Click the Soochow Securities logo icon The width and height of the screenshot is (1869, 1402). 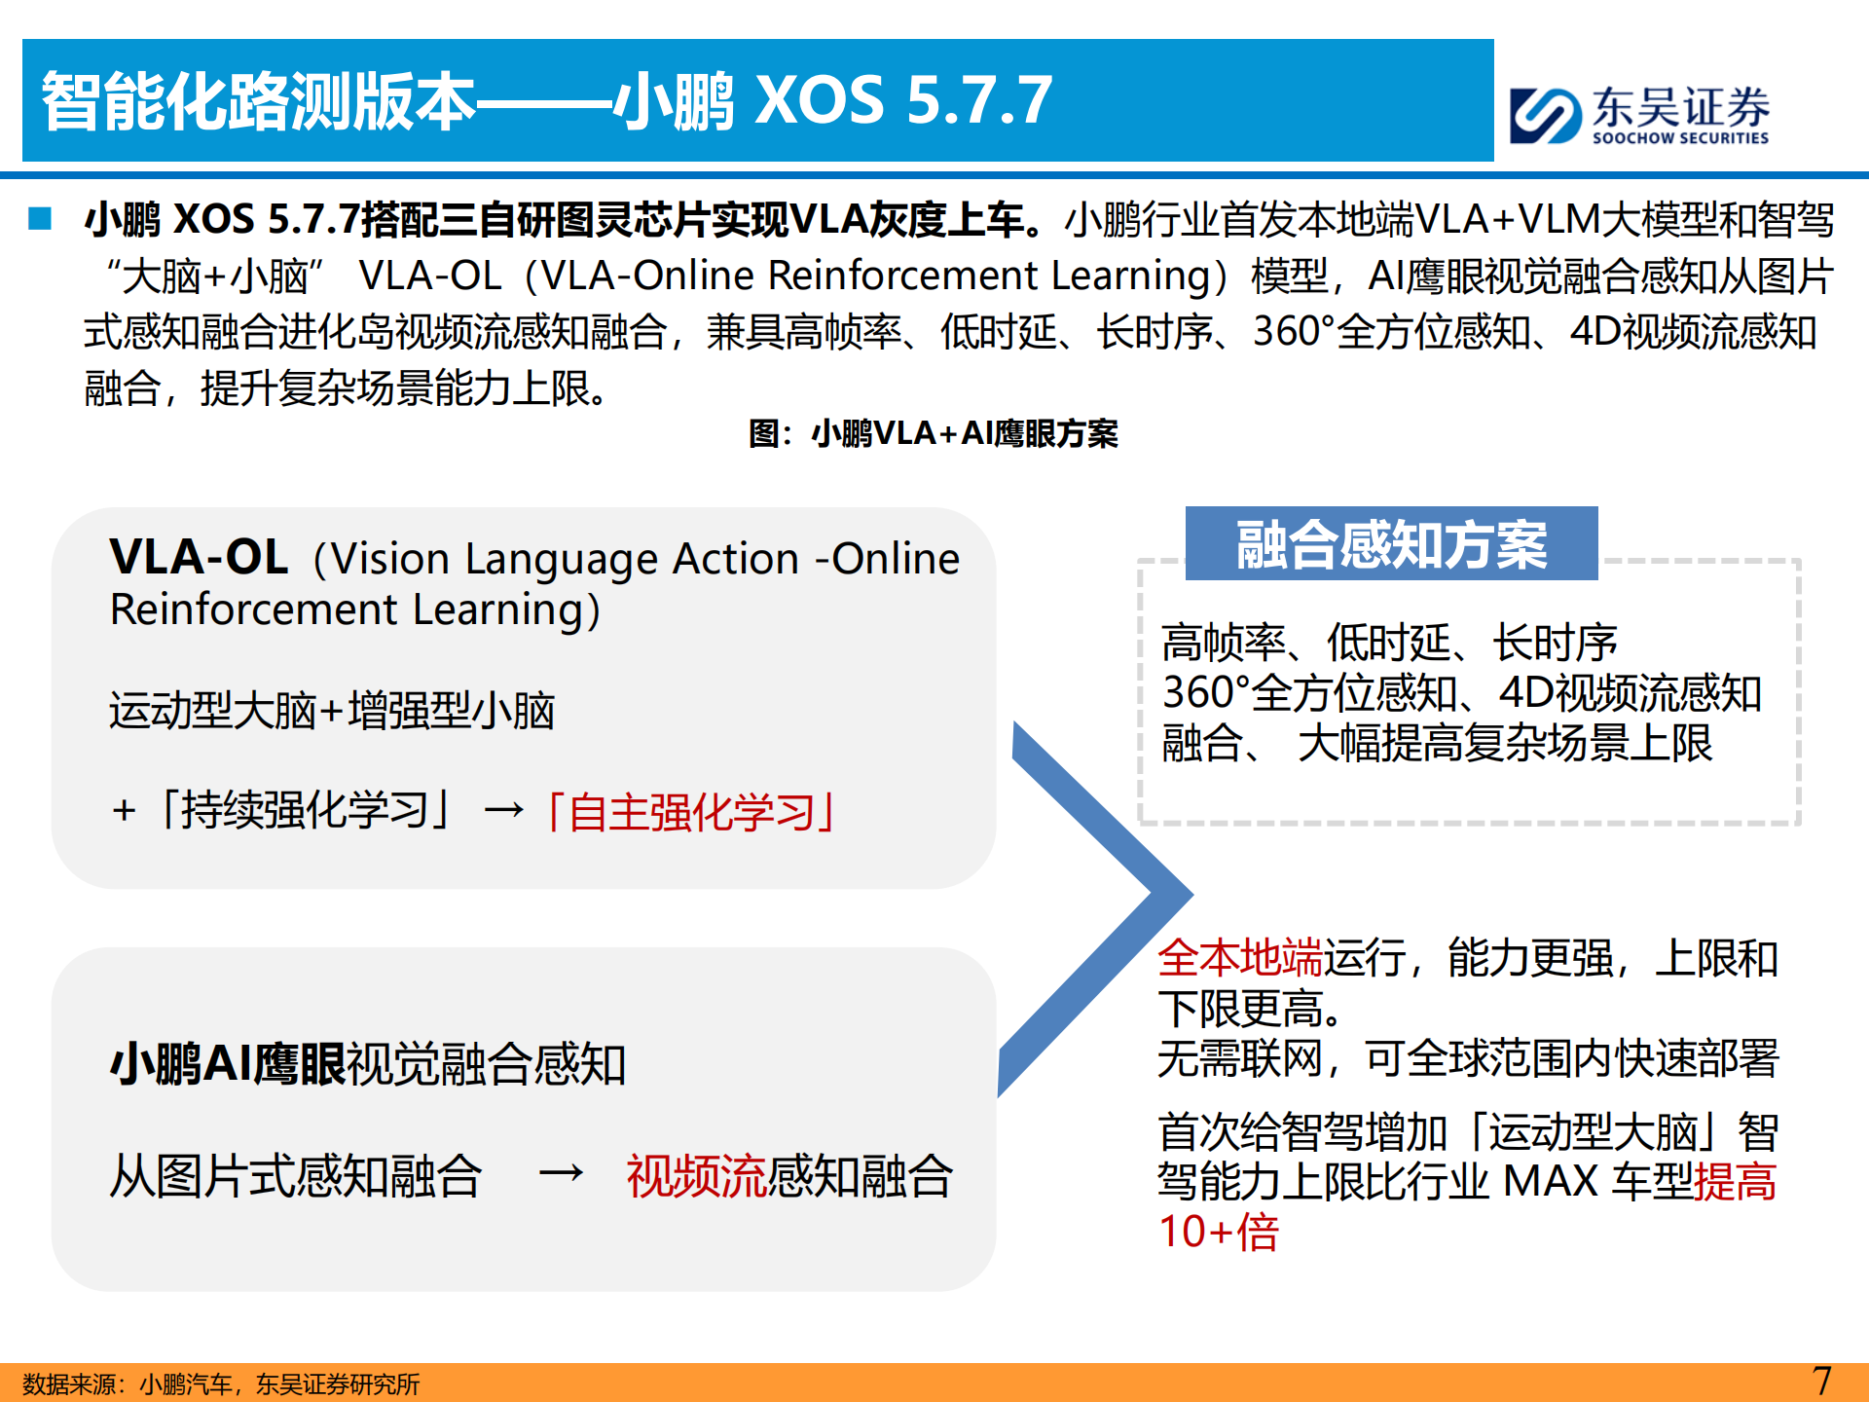pyautogui.click(x=1544, y=116)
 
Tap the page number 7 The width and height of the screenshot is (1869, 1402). pyautogui.click(x=1821, y=1381)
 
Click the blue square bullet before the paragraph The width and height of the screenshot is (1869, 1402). pyautogui.click(x=40, y=218)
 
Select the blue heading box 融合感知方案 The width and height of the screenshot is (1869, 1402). pyautogui.click(x=1391, y=543)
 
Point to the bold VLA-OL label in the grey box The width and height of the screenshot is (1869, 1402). pyautogui.click(x=199, y=557)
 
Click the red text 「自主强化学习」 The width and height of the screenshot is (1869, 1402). pyautogui.click(x=690, y=811)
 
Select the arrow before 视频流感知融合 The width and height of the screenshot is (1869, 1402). pyautogui.click(x=562, y=1173)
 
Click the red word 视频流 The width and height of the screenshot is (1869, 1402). pyautogui.click(x=697, y=1175)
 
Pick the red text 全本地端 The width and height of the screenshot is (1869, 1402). pyautogui.click(x=1239, y=958)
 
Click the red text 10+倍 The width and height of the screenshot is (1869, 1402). pyautogui.click(x=1218, y=1232)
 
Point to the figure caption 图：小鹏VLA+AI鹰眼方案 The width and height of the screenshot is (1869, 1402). pyautogui.click(x=934, y=433)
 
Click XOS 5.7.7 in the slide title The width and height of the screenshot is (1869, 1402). pyautogui.click(x=904, y=100)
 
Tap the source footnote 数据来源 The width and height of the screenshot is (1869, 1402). pyautogui.click(x=221, y=1384)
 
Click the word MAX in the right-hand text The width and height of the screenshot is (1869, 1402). pyautogui.click(x=1550, y=1181)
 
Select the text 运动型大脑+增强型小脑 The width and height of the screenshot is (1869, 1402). pyautogui.click(x=332, y=710)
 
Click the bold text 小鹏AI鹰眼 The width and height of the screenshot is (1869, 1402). pyautogui.click(x=228, y=1063)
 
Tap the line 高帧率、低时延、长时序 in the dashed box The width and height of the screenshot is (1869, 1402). pyautogui.click(x=1389, y=643)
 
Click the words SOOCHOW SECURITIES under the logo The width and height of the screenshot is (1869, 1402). pyautogui.click(x=1680, y=138)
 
